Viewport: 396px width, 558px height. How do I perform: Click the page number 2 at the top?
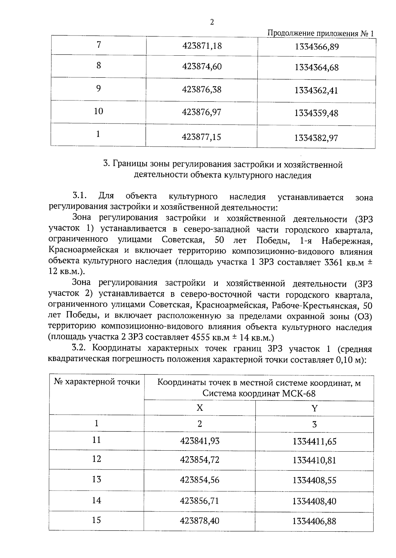point(212,22)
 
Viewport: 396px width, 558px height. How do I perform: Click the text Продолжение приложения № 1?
point(321,34)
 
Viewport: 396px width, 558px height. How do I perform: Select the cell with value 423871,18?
point(202,46)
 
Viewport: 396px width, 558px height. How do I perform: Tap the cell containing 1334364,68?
point(316,68)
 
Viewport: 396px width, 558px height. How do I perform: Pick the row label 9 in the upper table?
point(98,89)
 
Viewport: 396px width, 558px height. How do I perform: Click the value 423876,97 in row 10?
point(202,112)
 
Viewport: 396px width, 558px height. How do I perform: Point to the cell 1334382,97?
point(316,138)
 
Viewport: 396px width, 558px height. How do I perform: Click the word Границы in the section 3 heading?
point(129,164)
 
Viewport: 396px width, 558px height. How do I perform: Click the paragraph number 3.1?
point(79,196)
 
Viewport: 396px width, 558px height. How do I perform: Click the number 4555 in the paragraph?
point(201,337)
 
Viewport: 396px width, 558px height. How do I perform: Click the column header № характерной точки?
point(97,382)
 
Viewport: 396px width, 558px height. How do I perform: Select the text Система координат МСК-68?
point(259,393)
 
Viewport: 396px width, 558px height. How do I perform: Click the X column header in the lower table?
point(200,408)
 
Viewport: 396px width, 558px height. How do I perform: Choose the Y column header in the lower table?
point(314,408)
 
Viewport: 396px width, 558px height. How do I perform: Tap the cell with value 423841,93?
point(200,441)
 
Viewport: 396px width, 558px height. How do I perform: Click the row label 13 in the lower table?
point(96,479)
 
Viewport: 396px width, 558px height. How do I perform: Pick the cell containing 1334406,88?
point(314,521)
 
